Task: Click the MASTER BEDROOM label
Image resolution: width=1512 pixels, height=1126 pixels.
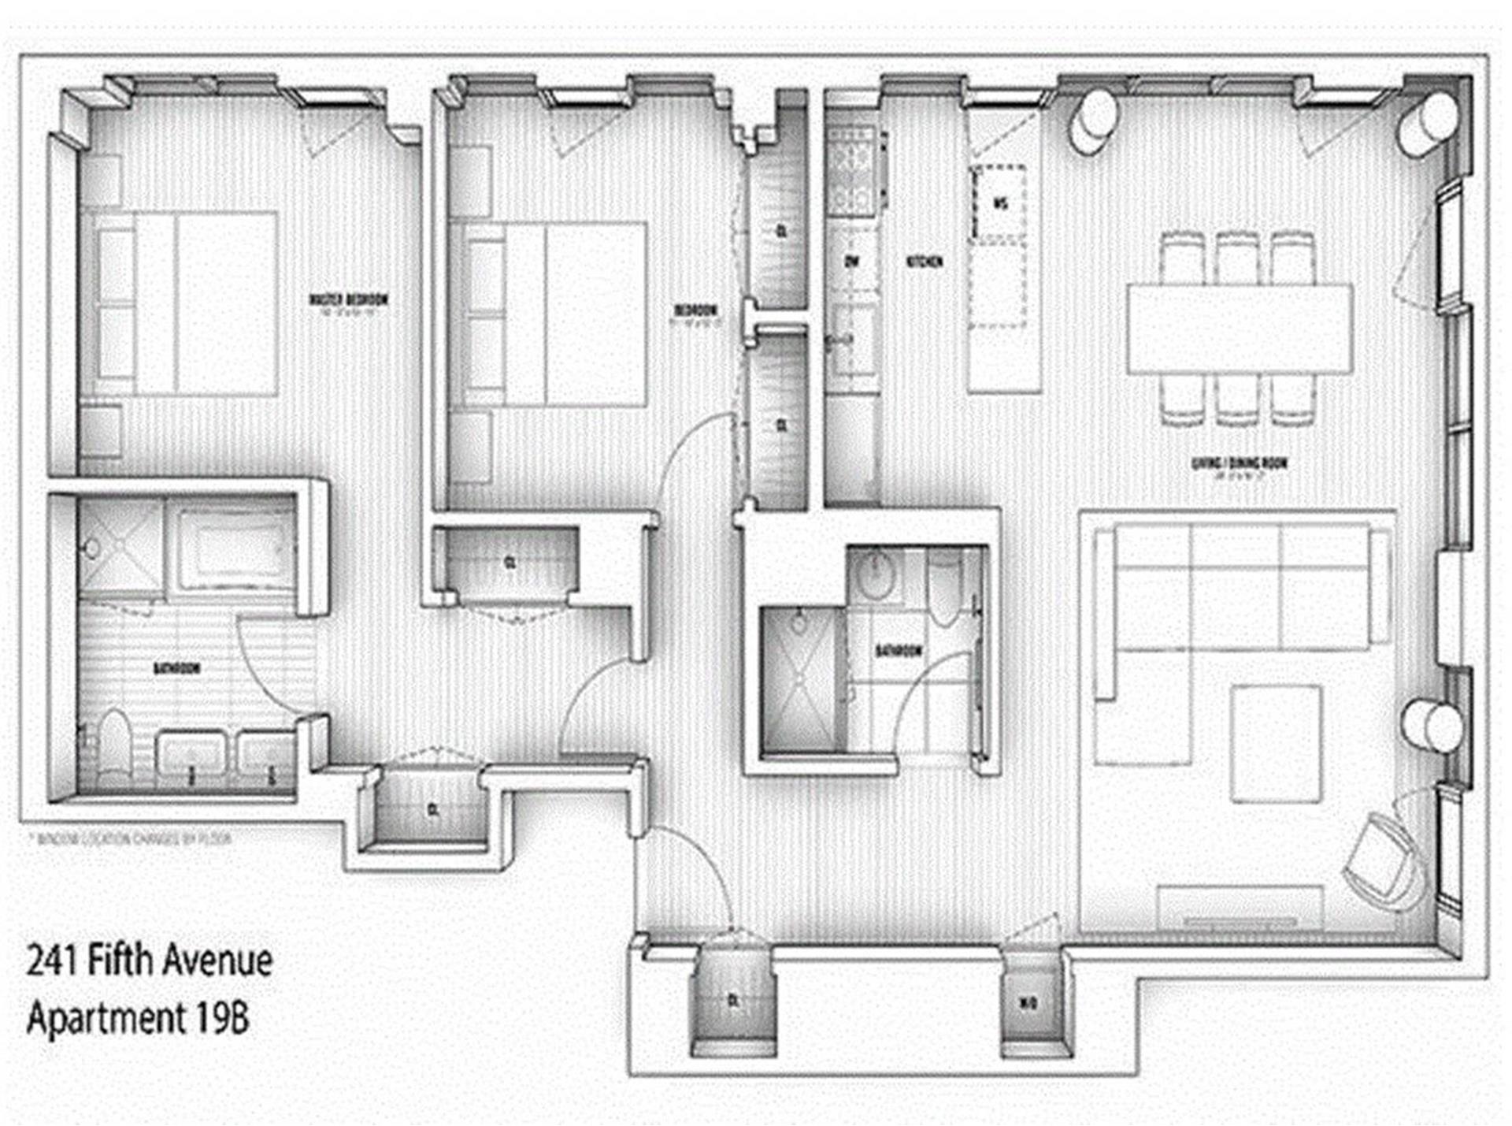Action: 348,300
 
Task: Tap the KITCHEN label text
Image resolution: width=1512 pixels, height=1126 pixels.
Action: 925,262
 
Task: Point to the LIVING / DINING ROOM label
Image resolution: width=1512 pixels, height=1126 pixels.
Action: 1240,464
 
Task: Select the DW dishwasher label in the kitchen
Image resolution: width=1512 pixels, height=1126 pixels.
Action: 850,262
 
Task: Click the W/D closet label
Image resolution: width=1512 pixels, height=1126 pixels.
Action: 1028,1003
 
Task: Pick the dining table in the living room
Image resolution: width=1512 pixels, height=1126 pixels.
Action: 1240,329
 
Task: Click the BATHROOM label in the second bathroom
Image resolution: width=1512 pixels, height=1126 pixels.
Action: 899,651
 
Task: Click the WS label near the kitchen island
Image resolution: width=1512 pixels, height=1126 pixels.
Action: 1000,204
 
